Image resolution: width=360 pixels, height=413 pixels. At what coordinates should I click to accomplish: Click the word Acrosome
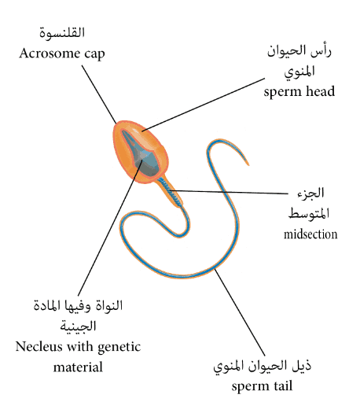point(50,53)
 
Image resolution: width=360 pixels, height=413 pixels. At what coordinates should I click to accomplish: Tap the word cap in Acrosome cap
point(95,55)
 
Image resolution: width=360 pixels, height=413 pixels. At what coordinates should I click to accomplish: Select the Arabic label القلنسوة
point(62,34)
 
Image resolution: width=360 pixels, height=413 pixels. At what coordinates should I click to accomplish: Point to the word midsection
point(310,234)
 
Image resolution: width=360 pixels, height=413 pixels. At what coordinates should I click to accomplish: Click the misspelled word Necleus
point(39,347)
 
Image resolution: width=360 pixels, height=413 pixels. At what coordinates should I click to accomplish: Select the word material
point(78,367)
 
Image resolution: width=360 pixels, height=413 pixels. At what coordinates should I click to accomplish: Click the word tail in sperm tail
point(283,386)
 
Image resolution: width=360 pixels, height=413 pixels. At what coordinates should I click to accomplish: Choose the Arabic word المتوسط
point(309,213)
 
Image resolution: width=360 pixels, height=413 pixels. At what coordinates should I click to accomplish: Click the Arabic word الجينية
point(78,326)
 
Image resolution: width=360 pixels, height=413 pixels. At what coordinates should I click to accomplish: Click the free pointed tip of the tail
point(248,165)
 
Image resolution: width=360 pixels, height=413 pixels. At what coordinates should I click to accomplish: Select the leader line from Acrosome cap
point(99,94)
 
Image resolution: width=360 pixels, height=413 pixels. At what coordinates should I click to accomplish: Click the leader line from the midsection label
point(229,192)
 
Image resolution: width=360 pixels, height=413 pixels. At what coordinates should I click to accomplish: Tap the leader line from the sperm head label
point(203,105)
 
